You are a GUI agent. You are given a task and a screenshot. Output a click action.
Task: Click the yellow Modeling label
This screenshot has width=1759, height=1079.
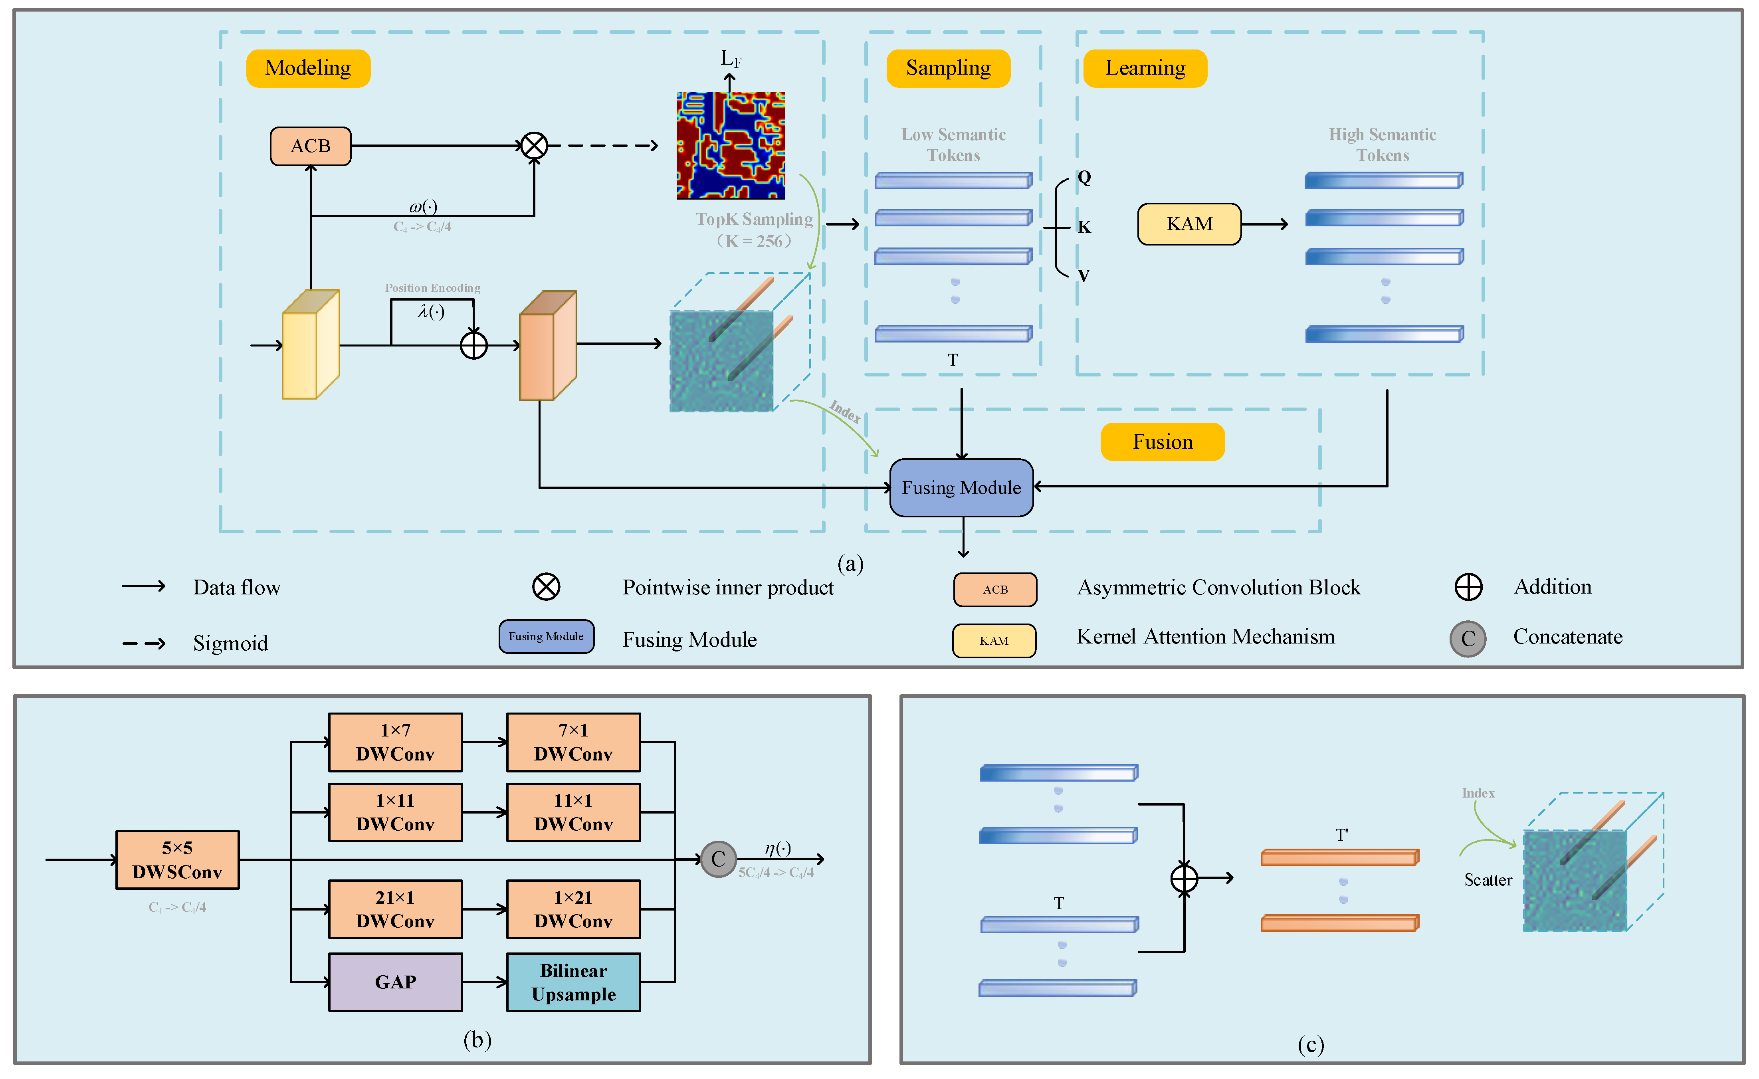(308, 69)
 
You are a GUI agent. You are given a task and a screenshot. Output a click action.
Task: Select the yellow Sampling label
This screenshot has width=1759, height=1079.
(948, 69)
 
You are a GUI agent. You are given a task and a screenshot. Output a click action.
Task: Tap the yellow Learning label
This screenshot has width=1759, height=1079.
(1145, 69)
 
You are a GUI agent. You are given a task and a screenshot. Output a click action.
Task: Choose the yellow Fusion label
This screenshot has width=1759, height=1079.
(1162, 442)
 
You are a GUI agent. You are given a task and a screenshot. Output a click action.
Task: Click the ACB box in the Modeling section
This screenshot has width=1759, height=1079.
(311, 146)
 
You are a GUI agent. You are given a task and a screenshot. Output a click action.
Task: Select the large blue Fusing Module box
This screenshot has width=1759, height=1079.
(961, 487)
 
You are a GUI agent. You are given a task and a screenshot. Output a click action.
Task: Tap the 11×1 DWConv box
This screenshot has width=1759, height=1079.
(573, 812)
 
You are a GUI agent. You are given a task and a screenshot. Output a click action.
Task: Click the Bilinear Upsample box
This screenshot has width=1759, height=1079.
(573, 982)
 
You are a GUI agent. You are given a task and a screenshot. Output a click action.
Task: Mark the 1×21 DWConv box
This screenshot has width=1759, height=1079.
(573, 909)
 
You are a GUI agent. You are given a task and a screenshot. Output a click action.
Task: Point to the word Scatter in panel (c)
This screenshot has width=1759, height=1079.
(1488, 880)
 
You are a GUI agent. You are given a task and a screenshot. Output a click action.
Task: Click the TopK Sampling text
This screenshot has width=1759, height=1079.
(754, 220)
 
